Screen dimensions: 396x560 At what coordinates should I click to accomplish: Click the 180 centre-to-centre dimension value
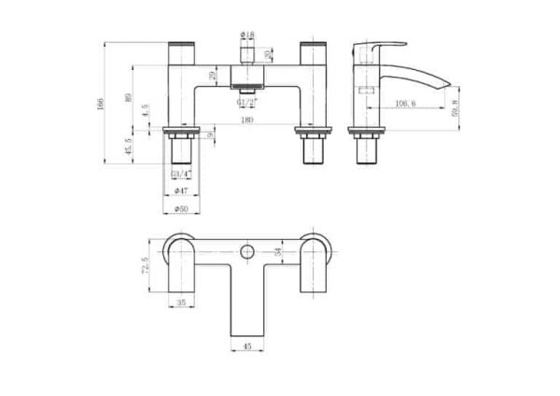click(x=246, y=120)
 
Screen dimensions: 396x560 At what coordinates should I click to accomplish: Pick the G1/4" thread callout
click(x=182, y=174)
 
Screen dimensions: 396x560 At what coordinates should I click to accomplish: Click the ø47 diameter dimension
click(x=182, y=190)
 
